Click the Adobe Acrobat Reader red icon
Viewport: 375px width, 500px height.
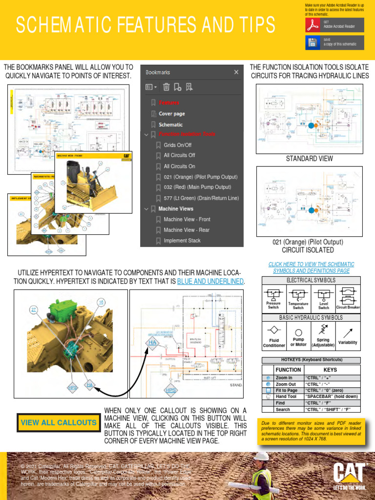tap(313, 25)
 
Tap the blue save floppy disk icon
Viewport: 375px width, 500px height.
tap(313, 42)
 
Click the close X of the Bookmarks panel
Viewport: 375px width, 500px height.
tap(236, 72)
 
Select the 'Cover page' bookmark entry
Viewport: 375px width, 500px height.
tap(171, 114)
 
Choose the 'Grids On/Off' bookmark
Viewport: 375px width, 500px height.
tap(177, 145)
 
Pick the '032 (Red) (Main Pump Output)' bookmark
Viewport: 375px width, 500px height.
tap(197, 187)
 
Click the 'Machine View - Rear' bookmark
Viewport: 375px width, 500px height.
tap(187, 230)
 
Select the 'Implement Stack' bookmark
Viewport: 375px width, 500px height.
tap(182, 241)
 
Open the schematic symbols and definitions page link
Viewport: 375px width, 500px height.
tap(311, 267)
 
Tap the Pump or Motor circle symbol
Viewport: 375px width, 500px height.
tap(298, 332)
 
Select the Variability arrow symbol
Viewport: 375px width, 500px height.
tap(348, 333)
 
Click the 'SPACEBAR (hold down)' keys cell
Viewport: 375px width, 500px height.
tap(331, 396)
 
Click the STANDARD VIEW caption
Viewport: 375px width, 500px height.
tap(309, 159)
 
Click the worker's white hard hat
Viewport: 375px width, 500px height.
tap(262, 456)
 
